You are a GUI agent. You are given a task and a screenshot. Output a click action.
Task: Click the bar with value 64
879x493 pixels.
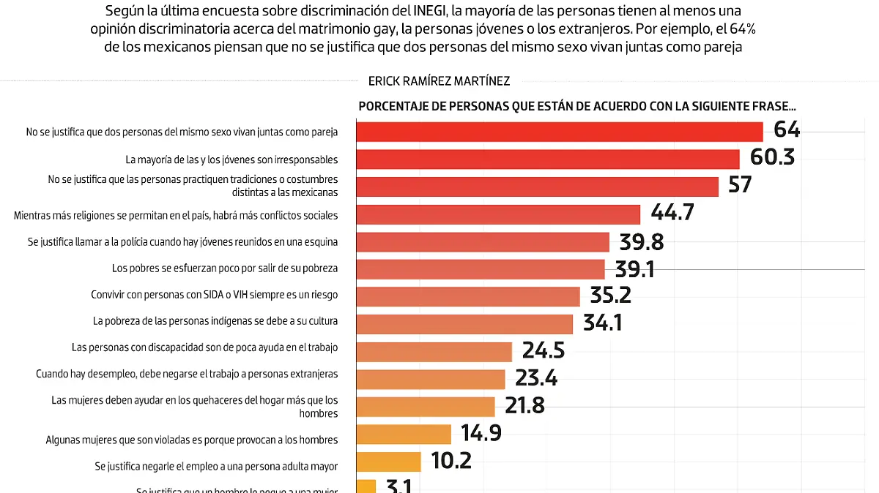click(560, 132)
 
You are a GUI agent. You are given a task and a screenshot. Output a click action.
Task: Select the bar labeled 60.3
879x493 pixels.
click(548, 159)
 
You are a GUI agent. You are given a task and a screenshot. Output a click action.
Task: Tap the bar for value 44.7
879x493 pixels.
click(498, 214)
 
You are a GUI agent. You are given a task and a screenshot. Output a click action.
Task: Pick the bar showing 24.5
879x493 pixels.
click(434, 351)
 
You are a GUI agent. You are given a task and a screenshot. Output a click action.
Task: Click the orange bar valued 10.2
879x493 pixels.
click(388, 462)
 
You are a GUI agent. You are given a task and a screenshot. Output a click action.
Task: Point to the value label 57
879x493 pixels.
click(740, 185)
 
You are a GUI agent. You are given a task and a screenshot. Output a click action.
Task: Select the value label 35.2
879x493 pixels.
click(610, 296)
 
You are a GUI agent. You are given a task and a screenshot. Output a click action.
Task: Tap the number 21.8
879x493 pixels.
click(524, 406)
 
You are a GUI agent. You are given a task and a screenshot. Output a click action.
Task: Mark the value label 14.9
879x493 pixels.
click(481, 434)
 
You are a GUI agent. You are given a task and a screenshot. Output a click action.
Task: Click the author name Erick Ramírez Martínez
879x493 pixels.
click(439, 81)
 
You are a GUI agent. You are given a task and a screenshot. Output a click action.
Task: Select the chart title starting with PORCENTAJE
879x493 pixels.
click(576, 107)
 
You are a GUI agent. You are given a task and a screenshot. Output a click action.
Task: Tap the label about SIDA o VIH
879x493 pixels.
click(214, 295)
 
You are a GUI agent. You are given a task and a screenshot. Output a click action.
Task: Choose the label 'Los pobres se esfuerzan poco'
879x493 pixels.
click(225, 268)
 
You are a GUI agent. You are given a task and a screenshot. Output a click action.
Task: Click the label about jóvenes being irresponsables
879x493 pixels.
click(231, 159)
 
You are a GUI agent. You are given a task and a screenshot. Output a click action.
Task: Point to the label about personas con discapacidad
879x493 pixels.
click(204, 347)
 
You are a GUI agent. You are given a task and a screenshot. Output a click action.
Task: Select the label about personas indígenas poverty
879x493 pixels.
click(215, 321)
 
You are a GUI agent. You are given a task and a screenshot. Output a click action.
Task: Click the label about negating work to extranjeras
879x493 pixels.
click(187, 374)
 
